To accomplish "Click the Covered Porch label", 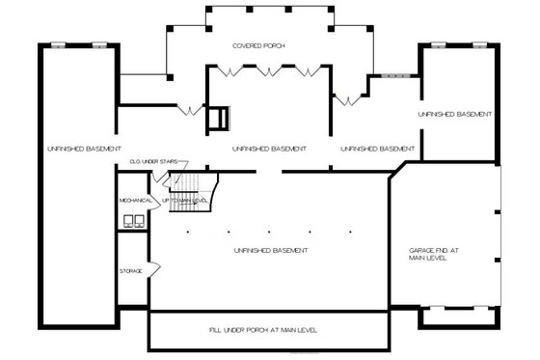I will click(x=259, y=46).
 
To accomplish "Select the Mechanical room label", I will click(x=136, y=200).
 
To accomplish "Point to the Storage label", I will click(x=130, y=271).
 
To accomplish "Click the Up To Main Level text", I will click(x=186, y=200).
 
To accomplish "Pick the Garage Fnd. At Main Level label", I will click(x=430, y=255).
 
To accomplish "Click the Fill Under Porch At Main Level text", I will click(x=262, y=330).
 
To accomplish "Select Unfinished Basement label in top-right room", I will click(x=455, y=114).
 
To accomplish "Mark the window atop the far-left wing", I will click(x=59, y=43).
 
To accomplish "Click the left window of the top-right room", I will click(x=438, y=43).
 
